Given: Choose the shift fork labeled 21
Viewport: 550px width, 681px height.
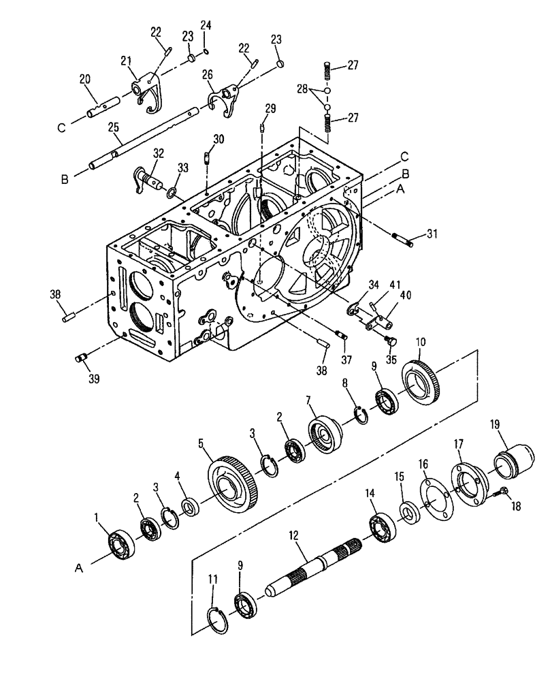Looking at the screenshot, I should pyautogui.click(x=145, y=91).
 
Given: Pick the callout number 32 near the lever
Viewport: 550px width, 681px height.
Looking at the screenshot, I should pyautogui.click(x=159, y=154).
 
